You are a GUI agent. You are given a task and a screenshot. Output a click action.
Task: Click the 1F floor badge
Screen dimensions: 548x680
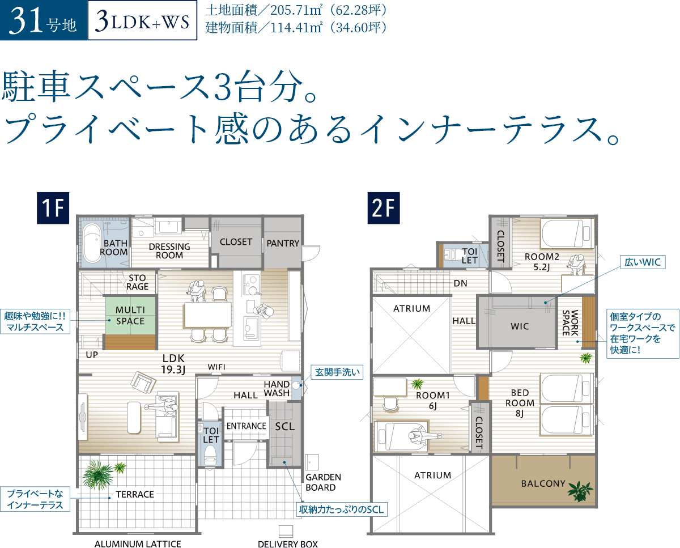click(53, 208)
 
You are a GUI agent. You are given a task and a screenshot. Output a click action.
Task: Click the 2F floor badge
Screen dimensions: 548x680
click(383, 208)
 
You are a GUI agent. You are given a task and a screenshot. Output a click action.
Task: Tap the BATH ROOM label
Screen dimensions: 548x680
click(114, 248)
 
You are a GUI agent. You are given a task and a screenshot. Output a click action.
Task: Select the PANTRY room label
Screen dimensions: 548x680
click(283, 244)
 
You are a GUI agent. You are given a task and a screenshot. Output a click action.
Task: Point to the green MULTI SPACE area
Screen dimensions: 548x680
click(130, 316)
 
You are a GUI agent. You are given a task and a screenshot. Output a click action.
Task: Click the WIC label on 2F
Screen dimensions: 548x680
click(519, 326)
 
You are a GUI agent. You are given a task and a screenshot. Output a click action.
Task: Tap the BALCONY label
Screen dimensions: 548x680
click(543, 483)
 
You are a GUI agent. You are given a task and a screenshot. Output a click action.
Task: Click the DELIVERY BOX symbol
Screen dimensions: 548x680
click(287, 531)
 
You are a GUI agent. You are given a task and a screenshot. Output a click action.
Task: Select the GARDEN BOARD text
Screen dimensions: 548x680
click(323, 482)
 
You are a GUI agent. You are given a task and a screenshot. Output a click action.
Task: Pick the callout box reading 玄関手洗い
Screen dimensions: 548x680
click(337, 372)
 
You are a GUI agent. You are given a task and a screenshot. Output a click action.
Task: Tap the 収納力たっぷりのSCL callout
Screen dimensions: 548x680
click(342, 509)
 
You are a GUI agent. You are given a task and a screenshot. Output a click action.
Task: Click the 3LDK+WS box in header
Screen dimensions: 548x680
click(142, 23)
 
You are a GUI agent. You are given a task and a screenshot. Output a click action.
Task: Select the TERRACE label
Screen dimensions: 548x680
click(135, 494)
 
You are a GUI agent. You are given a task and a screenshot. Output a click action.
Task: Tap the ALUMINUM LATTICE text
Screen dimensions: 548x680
click(138, 544)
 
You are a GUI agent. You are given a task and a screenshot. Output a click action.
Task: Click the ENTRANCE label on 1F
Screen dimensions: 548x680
click(246, 426)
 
